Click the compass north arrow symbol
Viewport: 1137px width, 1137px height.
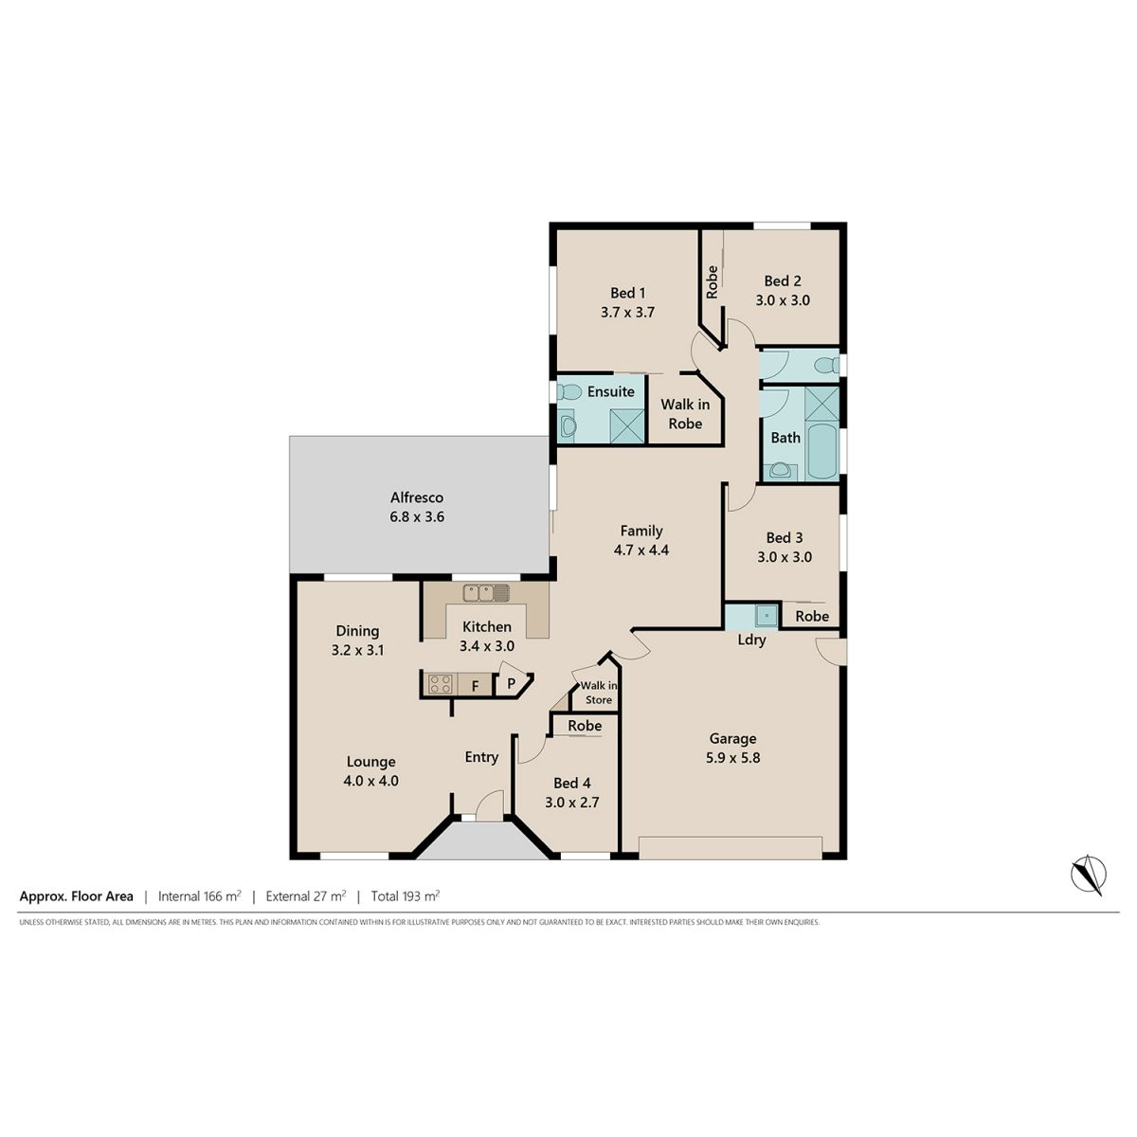(1088, 875)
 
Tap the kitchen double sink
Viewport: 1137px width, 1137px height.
(486, 592)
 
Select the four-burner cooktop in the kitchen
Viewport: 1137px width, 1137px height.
(441, 684)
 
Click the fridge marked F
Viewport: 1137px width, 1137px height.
(475, 685)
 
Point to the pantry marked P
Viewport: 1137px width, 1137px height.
(513, 681)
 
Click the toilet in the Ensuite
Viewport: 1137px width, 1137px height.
(568, 391)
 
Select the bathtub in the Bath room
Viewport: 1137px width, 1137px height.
(822, 450)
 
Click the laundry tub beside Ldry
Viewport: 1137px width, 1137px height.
(767, 616)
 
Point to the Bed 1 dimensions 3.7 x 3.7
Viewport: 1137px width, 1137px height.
(628, 312)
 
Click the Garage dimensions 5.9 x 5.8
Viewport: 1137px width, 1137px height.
(732, 758)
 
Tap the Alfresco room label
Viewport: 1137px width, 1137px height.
(417, 497)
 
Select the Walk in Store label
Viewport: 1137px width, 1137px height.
(598, 693)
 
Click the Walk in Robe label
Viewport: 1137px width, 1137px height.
(685, 414)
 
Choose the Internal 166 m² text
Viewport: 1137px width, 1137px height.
(199, 895)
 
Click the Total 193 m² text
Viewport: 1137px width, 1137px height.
(406, 895)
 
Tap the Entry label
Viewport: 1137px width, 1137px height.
(481, 757)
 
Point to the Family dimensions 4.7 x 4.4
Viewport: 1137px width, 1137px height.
(641, 550)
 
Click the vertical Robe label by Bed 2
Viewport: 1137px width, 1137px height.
(713, 282)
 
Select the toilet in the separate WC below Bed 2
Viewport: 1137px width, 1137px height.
(826, 366)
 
